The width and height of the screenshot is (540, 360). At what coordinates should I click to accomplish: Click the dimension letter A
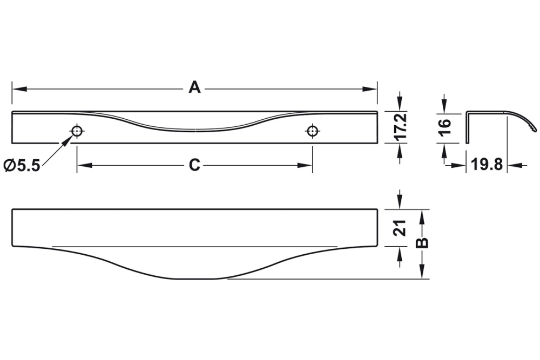click(x=194, y=87)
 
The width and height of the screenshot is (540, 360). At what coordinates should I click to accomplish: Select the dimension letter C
click(x=194, y=165)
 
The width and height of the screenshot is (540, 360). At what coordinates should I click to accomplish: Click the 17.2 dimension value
click(x=400, y=127)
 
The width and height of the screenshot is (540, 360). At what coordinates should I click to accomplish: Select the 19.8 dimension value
click(x=487, y=165)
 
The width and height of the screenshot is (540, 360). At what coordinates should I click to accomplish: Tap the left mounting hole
click(x=77, y=131)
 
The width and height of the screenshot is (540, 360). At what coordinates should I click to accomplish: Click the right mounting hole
click(x=312, y=131)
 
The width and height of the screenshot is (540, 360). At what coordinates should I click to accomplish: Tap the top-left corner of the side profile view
click(x=467, y=112)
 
